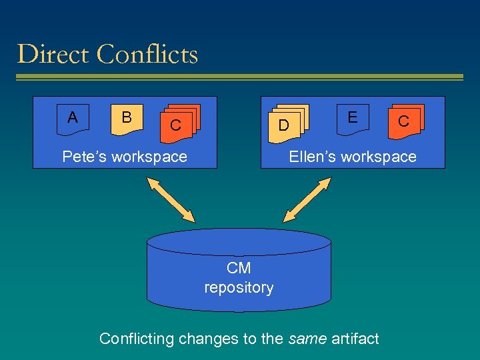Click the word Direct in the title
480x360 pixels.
click(54, 54)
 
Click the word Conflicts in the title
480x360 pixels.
click(147, 54)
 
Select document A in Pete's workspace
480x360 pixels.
click(73, 118)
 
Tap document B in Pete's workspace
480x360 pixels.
click(127, 118)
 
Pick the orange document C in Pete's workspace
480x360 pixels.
click(177, 124)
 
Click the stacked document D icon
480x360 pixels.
click(285, 124)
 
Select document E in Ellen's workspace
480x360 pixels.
click(352, 118)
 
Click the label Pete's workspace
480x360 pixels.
click(125, 157)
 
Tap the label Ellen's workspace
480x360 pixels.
click(352, 157)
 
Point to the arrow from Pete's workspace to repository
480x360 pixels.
click(171, 199)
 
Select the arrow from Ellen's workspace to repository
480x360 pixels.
click(307, 199)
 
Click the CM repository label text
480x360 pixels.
click(239, 278)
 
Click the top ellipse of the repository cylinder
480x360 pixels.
click(239, 242)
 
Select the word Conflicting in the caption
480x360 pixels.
click(137, 339)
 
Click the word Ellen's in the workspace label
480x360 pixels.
click(312, 157)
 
